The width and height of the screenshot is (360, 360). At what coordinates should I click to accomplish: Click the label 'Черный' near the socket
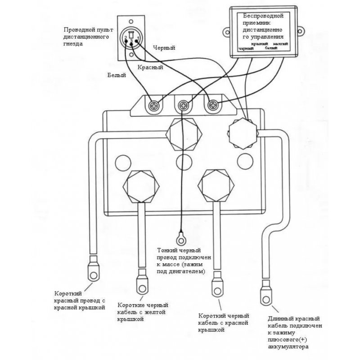[x=164, y=47]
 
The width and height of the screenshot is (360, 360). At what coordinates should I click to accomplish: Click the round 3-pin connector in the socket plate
[x=130, y=40]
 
